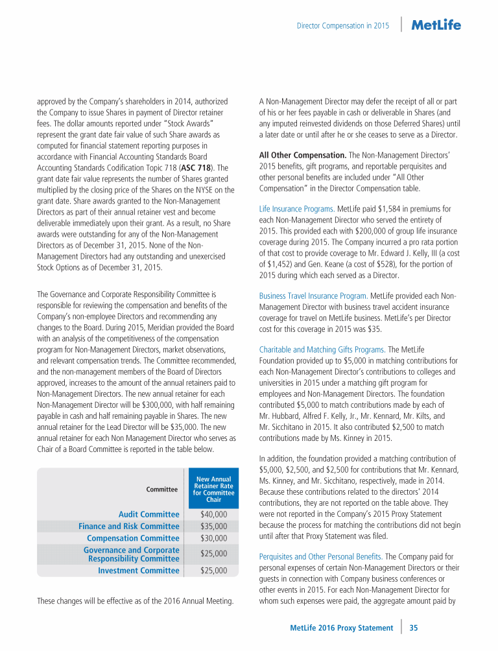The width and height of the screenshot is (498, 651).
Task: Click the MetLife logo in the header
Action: click(x=436, y=25)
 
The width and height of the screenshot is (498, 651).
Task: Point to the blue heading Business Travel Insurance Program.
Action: click(x=313, y=296)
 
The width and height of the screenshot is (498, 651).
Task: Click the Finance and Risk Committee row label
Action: click(x=128, y=527)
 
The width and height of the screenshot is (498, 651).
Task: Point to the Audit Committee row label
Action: click(x=148, y=514)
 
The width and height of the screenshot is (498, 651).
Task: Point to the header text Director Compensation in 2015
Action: click(x=342, y=26)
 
